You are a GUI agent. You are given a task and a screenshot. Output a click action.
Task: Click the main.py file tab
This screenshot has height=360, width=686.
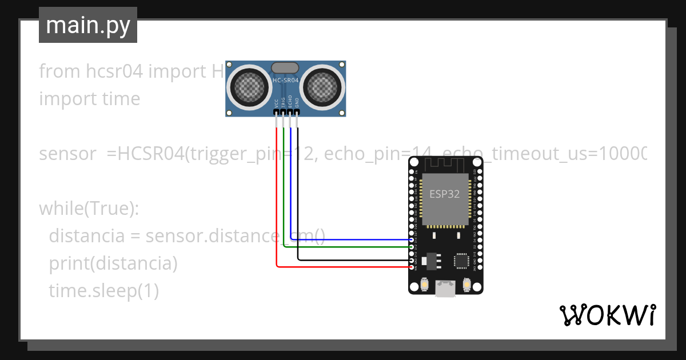87,25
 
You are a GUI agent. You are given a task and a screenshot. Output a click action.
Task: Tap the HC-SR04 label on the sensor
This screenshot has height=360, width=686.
286,81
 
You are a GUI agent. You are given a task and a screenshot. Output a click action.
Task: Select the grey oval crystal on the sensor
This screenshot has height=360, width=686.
286,68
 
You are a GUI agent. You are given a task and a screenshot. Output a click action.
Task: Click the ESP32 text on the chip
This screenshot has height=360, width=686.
445,194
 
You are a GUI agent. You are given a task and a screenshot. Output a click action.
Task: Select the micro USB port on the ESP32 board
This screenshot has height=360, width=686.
445,289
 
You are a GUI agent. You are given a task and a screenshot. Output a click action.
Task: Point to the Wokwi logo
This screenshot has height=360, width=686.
607,315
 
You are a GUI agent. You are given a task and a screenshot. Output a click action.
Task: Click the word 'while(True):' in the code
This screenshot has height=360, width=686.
89,209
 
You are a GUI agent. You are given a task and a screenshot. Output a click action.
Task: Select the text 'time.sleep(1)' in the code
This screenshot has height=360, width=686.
103,291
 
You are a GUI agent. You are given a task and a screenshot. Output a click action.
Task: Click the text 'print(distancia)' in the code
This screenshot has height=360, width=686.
113,263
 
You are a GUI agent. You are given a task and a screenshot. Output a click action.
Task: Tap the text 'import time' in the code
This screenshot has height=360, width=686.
90,99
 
